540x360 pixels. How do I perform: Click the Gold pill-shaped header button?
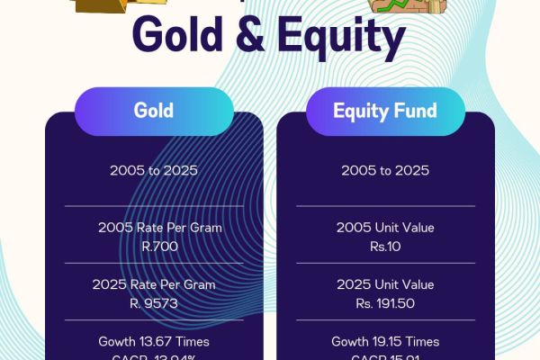[x=154, y=112]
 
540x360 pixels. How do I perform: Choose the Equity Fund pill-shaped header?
[x=385, y=112]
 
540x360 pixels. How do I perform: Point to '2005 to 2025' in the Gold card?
[x=154, y=170]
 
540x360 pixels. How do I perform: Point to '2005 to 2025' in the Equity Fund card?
[x=385, y=170]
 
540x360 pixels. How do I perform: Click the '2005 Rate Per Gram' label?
[x=154, y=228]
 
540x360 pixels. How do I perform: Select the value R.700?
[x=154, y=246]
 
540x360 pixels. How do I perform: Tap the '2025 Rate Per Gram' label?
[x=154, y=284]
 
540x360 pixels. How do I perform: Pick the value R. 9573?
[x=154, y=302]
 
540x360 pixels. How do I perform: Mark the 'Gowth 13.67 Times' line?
[x=154, y=342]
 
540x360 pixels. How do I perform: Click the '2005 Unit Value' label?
[x=385, y=228]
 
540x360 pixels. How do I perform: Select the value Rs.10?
[x=385, y=246]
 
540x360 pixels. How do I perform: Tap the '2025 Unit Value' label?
[x=385, y=284]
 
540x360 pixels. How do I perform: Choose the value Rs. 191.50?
[x=385, y=303]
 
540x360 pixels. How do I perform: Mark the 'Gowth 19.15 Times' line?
[x=385, y=342]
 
